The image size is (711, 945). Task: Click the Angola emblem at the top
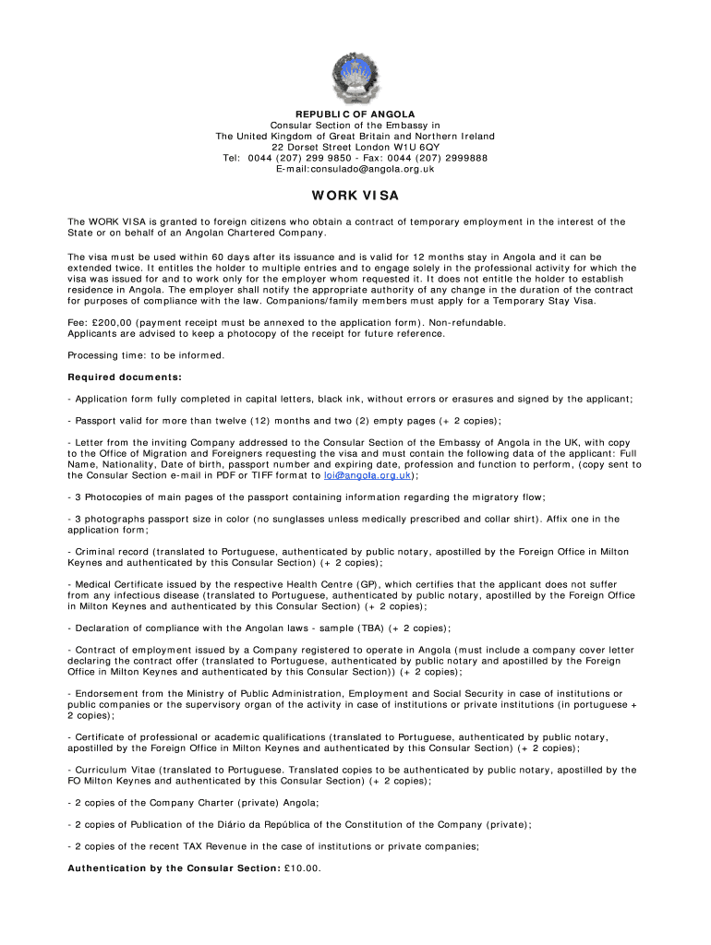click(355, 78)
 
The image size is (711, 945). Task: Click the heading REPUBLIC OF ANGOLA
click(355, 114)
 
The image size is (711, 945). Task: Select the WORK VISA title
click(355, 196)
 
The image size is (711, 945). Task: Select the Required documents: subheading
click(125, 377)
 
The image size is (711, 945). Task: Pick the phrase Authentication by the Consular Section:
click(174, 868)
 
